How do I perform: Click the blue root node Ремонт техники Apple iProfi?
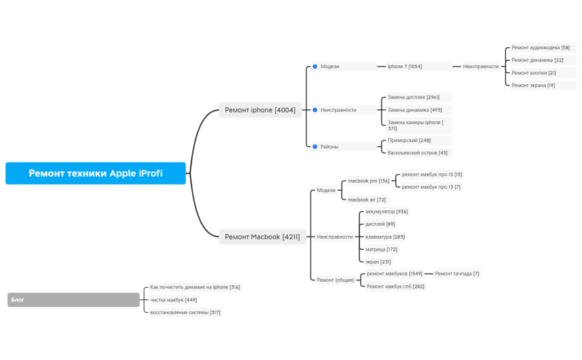pyautogui.click(x=95, y=173)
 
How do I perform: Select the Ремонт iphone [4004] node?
pyautogui.click(x=260, y=110)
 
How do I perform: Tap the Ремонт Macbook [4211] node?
pyautogui.click(x=262, y=237)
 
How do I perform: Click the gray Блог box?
pyautogui.click(x=74, y=299)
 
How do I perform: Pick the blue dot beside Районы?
pyautogui.click(x=315, y=146)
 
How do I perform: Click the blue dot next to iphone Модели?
pyautogui.click(x=315, y=67)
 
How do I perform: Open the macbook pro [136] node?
pyautogui.click(x=369, y=181)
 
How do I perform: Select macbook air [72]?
pyautogui.click(x=367, y=200)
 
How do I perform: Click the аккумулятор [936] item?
pyautogui.click(x=386, y=212)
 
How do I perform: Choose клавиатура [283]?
pyautogui.click(x=385, y=237)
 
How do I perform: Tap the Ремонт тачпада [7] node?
pyautogui.click(x=457, y=274)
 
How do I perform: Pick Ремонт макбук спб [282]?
pyautogui.click(x=395, y=286)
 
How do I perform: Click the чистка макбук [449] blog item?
pyautogui.click(x=173, y=300)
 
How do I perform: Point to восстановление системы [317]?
pyautogui.click(x=185, y=313)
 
